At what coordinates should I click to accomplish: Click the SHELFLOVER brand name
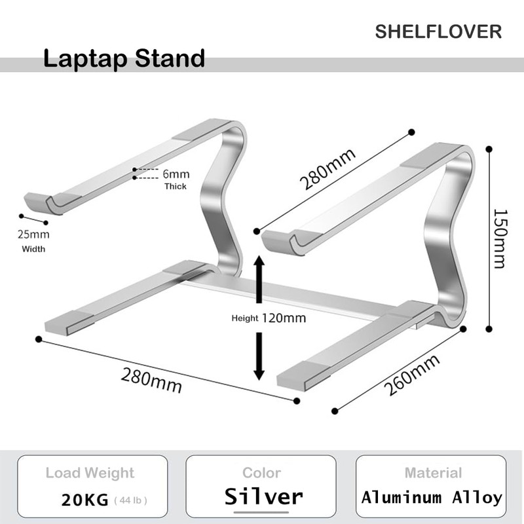(438, 31)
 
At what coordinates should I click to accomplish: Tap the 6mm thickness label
(176, 174)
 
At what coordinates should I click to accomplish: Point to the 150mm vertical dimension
(500, 238)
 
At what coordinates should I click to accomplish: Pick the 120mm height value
(284, 318)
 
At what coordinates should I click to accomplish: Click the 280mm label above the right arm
(328, 169)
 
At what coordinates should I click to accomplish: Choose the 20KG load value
(84, 500)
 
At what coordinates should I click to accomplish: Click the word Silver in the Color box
(264, 496)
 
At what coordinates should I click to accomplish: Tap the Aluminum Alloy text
(432, 497)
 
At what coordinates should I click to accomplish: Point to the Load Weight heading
(90, 473)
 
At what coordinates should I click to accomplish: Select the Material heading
(433, 473)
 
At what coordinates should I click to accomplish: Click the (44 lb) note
(130, 501)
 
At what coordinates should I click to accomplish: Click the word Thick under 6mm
(175, 186)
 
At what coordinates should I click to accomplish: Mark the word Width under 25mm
(34, 248)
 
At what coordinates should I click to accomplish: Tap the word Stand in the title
(170, 58)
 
